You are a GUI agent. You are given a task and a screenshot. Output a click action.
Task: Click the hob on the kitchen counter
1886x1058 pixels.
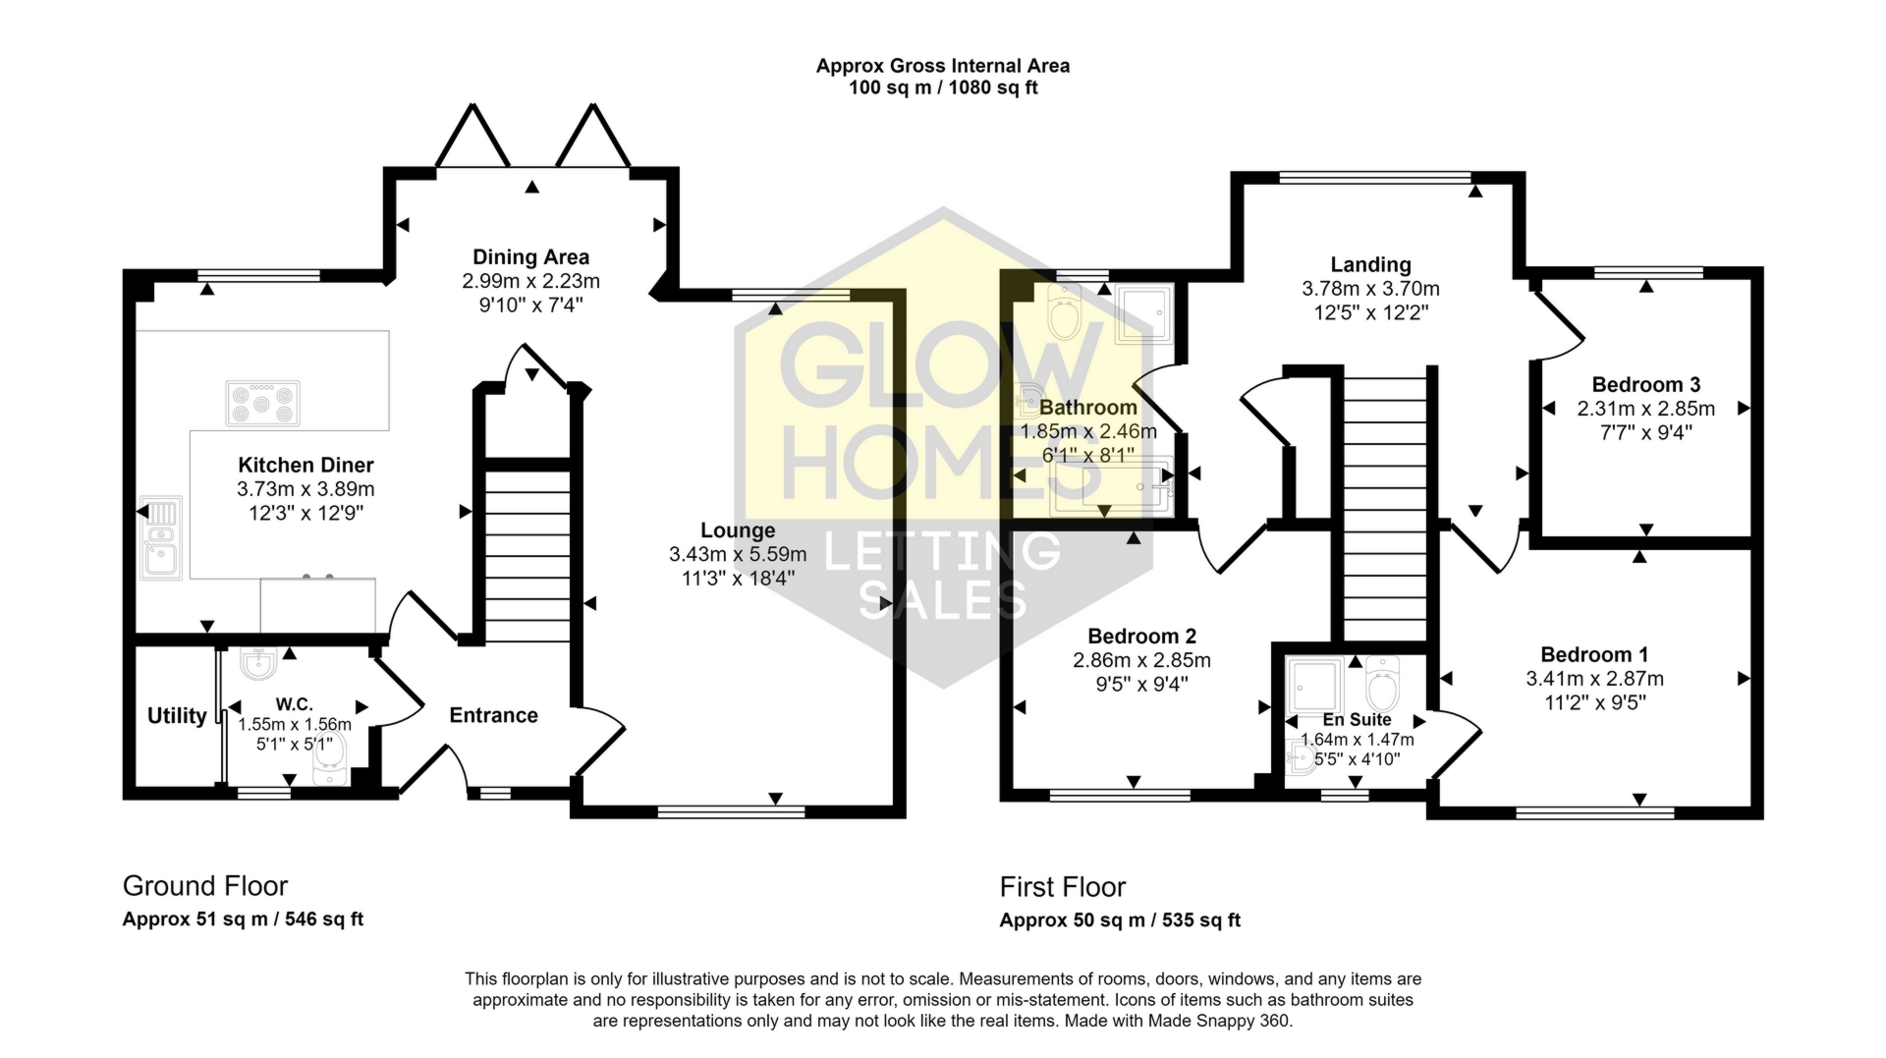262,403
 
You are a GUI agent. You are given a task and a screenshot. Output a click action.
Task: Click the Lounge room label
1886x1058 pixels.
738,530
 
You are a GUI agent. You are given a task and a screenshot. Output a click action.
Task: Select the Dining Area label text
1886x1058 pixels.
530,257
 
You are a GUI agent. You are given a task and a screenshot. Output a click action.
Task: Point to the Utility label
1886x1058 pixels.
177,715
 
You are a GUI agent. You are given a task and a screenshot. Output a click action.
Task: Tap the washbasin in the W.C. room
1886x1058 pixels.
258,664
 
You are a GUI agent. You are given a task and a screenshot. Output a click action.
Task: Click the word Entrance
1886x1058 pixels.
493,715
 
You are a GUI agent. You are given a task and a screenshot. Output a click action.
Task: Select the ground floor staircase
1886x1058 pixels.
528,556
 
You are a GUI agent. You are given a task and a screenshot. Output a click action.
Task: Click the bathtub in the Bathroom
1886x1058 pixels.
1110,486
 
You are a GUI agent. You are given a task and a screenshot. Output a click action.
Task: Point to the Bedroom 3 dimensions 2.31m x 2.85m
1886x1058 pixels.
1645,409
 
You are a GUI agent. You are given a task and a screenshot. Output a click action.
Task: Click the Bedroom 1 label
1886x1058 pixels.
1594,654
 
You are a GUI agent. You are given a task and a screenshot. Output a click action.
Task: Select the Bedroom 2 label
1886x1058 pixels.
1141,637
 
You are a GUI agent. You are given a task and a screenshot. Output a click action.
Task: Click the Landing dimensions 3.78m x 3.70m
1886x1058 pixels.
1370,289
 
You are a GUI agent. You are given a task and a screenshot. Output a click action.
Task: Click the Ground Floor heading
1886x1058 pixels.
205,886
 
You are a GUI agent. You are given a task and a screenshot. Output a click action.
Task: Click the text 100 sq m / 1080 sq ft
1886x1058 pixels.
943,87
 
